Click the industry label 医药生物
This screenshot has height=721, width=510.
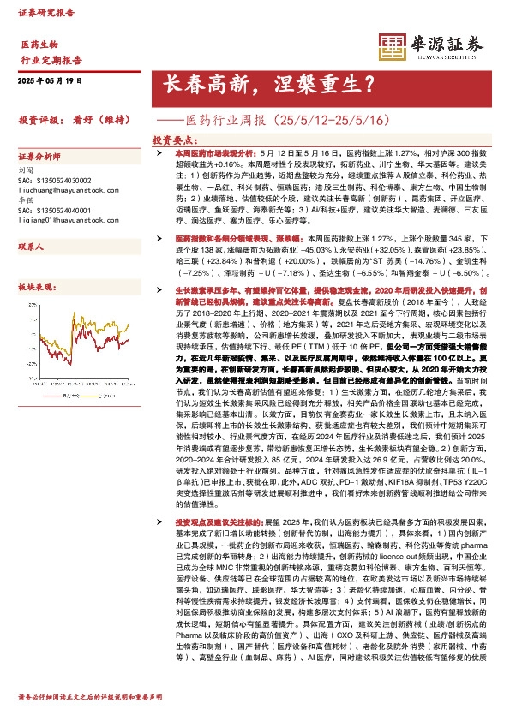[39, 44]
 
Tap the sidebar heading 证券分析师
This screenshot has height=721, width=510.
[39, 158]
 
